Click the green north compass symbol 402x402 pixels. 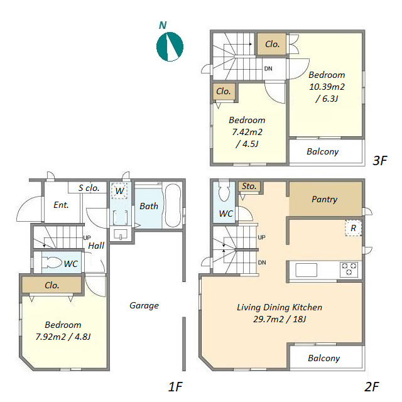coord(170,46)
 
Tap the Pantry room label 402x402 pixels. coord(324,199)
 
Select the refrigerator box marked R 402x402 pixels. coord(353,228)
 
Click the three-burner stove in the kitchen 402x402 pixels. coord(349,269)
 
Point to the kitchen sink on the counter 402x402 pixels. coord(306,270)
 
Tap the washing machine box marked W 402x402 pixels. coord(119,191)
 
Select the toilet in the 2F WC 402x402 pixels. coord(224,191)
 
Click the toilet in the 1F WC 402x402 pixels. coord(52,263)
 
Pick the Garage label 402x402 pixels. coord(144,305)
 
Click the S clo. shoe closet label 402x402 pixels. coord(89,188)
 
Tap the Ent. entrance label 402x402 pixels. coord(61,205)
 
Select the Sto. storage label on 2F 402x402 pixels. coord(249,186)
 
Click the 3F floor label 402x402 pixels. coord(379,161)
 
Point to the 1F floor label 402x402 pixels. coord(175,387)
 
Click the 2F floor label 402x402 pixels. coord(371,387)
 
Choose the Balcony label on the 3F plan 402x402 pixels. coord(322,151)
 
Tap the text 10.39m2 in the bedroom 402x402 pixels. coord(327,87)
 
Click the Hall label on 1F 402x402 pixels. coord(96,246)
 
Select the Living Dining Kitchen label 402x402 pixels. coord(280,307)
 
